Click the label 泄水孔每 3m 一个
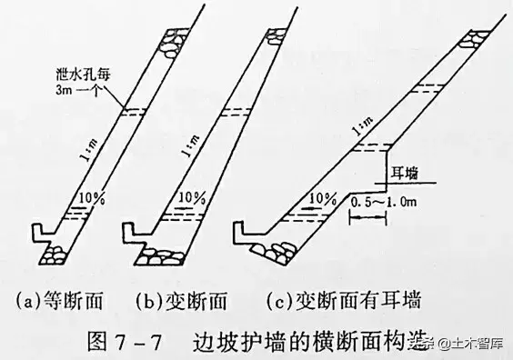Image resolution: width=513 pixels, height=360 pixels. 83,82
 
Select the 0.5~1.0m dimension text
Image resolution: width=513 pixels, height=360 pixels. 384,202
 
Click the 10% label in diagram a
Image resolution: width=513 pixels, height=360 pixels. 92,198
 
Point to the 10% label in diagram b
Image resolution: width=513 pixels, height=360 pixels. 192,198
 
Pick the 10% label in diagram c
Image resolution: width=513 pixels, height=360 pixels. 323,199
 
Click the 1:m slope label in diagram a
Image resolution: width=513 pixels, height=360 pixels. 89,150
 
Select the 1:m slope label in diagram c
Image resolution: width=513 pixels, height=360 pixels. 363,126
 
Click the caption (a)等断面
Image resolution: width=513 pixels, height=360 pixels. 59,301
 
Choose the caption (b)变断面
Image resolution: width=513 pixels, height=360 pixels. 181,301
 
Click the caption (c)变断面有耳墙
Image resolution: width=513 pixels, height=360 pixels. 344,300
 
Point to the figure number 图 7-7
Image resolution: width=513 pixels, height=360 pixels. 125,342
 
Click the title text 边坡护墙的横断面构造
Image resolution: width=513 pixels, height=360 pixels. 311,342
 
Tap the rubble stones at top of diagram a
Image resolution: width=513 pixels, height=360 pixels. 173,43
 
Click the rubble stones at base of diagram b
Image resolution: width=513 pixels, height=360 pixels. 160,256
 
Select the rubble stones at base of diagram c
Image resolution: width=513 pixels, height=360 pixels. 275,251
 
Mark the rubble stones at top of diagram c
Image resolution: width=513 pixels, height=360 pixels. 473,39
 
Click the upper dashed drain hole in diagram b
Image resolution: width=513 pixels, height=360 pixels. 236,112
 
